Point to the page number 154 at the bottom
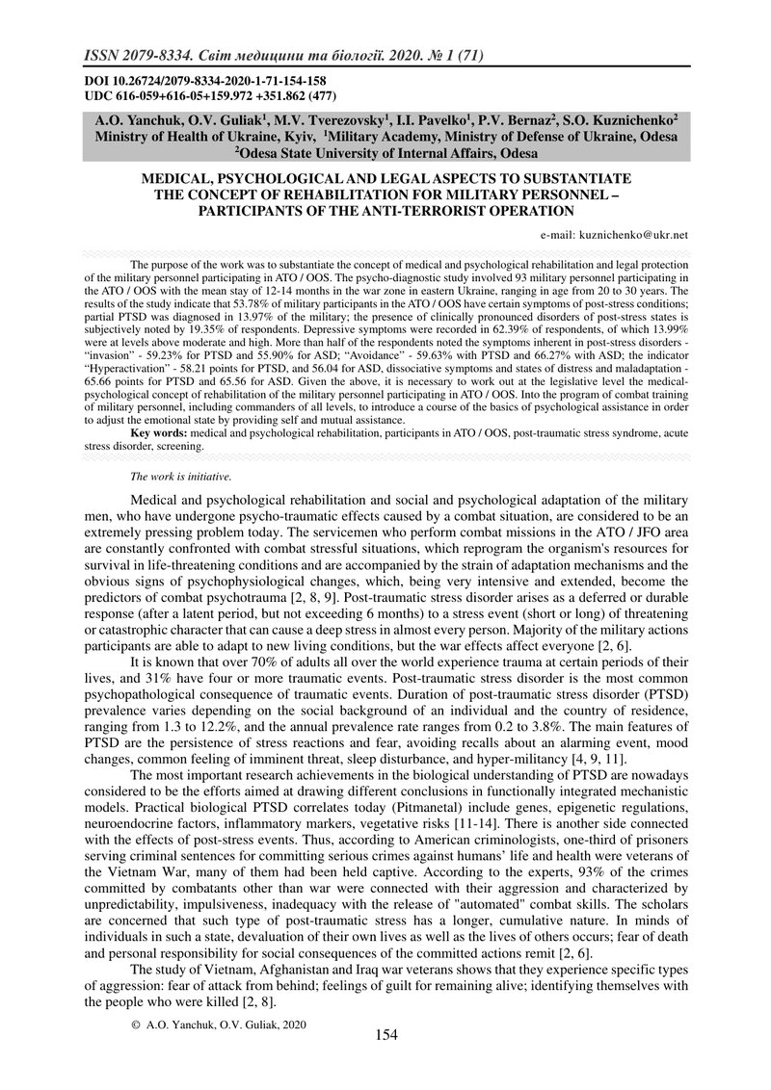coord(385,1035)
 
